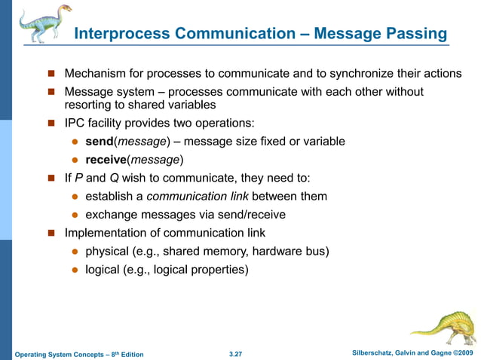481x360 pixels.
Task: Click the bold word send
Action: click(99, 141)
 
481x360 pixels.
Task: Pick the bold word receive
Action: click(105, 159)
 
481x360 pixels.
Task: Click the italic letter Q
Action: click(112, 178)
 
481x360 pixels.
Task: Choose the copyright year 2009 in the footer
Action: click(465, 352)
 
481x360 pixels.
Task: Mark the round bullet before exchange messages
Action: click(75, 215)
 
